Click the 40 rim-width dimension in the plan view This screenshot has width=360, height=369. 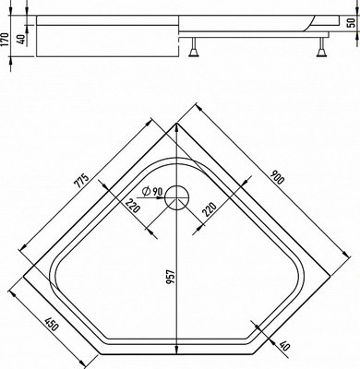click(x=283, y=348)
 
